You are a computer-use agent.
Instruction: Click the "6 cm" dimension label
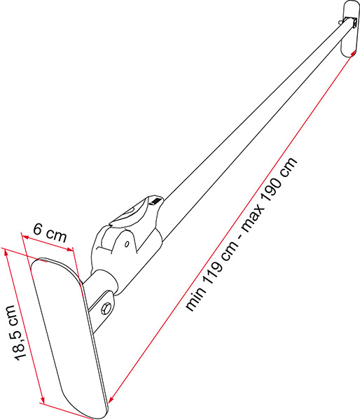50,233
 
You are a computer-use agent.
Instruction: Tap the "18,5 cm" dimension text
17,332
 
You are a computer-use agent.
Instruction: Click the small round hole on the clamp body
127,244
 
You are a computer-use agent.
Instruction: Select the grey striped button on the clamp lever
155,201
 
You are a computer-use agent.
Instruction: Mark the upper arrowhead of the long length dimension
353,53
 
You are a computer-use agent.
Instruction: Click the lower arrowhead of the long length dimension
111,398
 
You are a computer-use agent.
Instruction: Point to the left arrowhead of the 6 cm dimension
25,237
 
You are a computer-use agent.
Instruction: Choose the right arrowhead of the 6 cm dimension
70,249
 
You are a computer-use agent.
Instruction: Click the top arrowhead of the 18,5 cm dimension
6,252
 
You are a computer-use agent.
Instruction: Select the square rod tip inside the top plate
352,22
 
